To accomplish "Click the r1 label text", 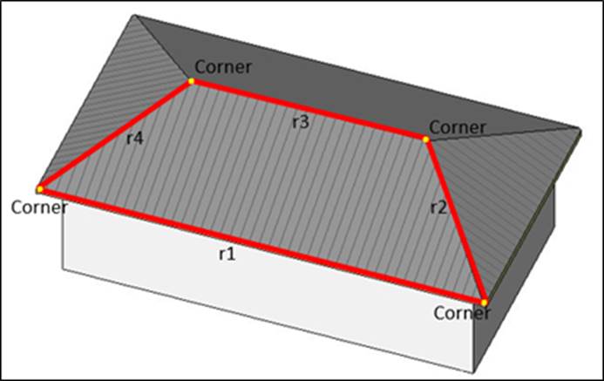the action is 227,255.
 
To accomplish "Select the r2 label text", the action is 438,207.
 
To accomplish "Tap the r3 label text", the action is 301,122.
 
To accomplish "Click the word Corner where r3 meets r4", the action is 223,66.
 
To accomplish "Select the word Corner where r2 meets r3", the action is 458,127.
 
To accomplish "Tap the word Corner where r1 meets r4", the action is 39,208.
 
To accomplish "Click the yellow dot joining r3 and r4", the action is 191,81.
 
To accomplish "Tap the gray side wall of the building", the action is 523,262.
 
